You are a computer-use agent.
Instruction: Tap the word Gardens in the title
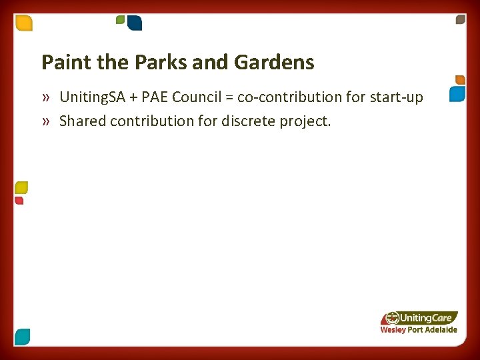tap(274, 63)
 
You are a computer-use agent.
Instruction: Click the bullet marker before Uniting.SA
tap(45, 98)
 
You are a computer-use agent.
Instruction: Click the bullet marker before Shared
tap(45, 121)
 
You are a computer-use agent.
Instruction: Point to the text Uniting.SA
tap(91, 97)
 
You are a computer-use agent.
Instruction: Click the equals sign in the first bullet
tap(229, 98)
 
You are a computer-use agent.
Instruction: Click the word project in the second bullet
tap(309, 121)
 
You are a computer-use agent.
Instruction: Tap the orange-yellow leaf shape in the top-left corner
tap(24, 23)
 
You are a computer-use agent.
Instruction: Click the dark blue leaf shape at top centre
tap(135, 23)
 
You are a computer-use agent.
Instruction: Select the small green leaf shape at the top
tap(121, 19)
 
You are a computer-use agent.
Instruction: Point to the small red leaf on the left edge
tap(19, 201)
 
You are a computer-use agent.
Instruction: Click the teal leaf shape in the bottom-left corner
tap(23, 337)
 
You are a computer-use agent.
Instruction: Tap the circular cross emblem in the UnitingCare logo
tap(393, 318)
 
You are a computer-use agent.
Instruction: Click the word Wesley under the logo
tap(393, 330)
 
